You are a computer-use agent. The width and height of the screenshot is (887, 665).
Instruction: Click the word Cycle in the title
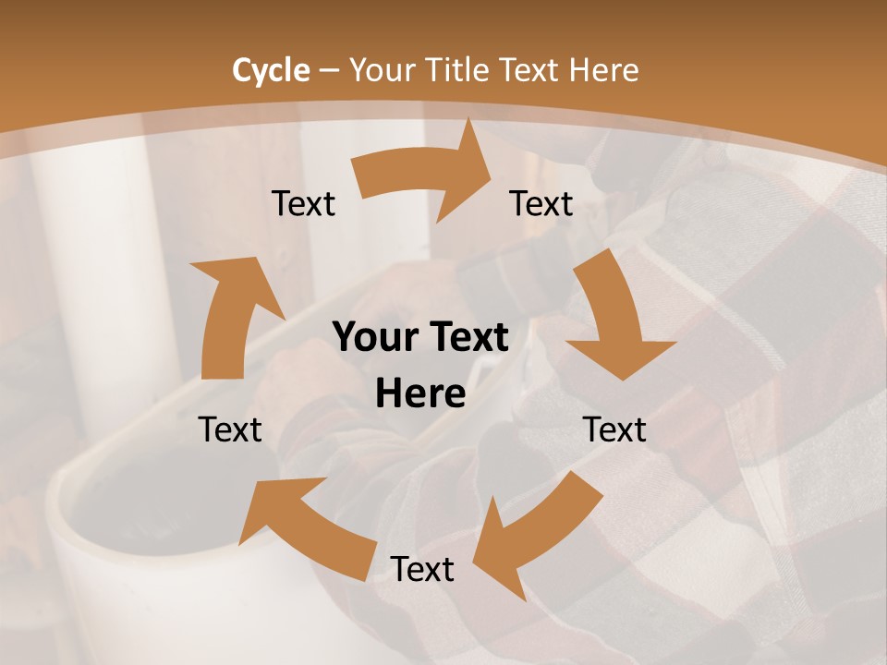pos(271,70)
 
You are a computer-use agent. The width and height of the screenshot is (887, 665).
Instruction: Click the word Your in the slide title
pos(383,70)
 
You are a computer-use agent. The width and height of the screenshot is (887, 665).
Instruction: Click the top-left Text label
pos(303,203)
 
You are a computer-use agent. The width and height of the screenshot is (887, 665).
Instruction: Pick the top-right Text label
pos(541,203)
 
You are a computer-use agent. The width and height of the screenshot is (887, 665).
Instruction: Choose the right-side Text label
pos(615,429)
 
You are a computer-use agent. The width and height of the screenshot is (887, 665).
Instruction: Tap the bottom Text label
pos(422,569)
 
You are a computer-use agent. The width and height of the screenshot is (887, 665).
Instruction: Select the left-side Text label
pos(231,429)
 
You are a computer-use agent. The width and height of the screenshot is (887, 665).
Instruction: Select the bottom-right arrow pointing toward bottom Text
pos(536,531)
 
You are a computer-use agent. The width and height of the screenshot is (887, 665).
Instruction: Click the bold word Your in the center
pos(375,338)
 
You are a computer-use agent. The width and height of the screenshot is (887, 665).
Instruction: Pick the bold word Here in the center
pos(420,394)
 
